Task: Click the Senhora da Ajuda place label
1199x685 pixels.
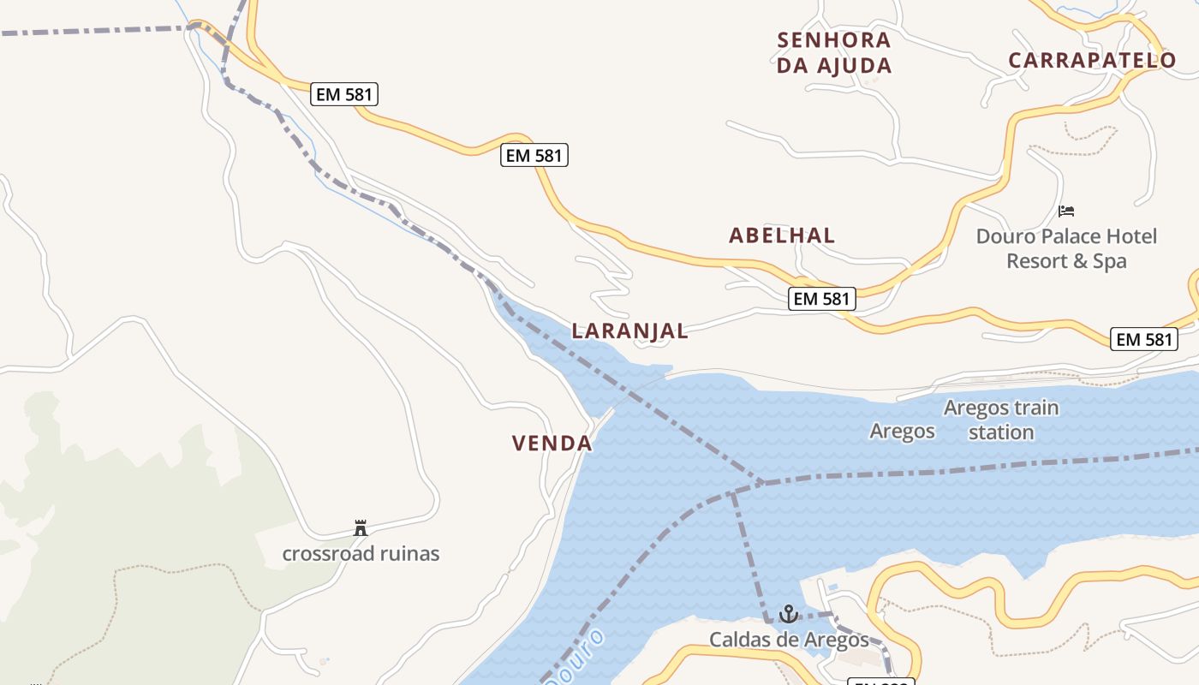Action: (834, 52)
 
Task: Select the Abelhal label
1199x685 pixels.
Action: (782, 235)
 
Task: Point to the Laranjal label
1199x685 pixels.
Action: (629, 331)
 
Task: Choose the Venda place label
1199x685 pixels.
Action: (552, 444)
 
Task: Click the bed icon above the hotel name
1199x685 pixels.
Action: (1066, 211)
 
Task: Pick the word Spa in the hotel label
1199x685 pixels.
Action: (1110, 261)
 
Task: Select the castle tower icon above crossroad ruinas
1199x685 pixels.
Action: (361, 528)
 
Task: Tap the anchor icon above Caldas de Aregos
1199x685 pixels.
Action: (788, 614)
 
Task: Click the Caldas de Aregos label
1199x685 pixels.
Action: (789, 640)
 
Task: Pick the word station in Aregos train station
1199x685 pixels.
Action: (1001, 432)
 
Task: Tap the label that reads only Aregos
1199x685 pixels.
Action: (903, 431)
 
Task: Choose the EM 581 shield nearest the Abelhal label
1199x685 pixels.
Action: (821, 299)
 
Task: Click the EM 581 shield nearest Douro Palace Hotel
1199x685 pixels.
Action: (1144, 339)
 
